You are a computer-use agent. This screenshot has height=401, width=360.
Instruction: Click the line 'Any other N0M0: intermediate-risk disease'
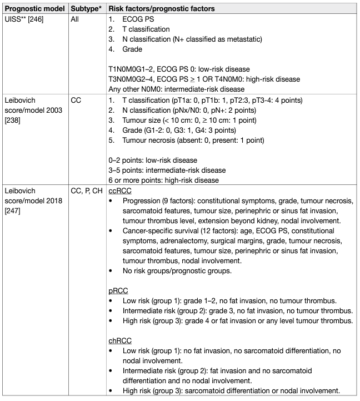pos(176,89)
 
